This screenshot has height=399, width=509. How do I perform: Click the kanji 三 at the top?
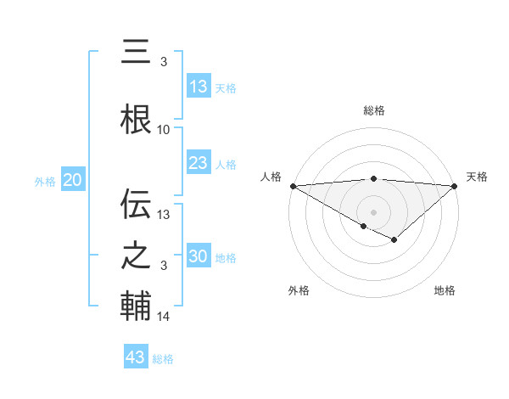pos(136,52)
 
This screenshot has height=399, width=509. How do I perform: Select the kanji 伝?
pos(136,203)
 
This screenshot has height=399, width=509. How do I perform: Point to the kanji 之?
pos(136,255)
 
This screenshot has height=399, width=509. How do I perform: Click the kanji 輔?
pos(136,306)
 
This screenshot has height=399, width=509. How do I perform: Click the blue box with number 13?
pos(199,87)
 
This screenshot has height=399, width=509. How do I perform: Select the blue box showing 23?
pos(199,163)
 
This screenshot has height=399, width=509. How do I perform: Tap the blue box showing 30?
pos(199,256)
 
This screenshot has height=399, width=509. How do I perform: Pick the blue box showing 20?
pos(73,180)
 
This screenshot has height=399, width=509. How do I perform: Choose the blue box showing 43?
pos(136,357)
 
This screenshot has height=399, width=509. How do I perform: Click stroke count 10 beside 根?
pos(164,130)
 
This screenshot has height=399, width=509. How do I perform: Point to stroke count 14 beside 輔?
pos(164,317)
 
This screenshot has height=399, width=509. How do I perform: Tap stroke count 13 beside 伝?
pos(164,215)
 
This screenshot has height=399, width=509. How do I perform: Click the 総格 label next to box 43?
pos(164,359)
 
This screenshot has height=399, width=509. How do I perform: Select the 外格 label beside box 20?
pos(45,181)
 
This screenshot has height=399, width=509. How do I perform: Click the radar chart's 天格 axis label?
pos(478,177)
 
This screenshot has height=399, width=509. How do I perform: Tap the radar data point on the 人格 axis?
pos(293,185)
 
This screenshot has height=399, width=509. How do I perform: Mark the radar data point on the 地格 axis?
pos(394,241)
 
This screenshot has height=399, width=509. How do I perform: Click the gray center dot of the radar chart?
pos(373,211)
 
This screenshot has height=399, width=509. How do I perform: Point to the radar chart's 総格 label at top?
pos(373,110)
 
